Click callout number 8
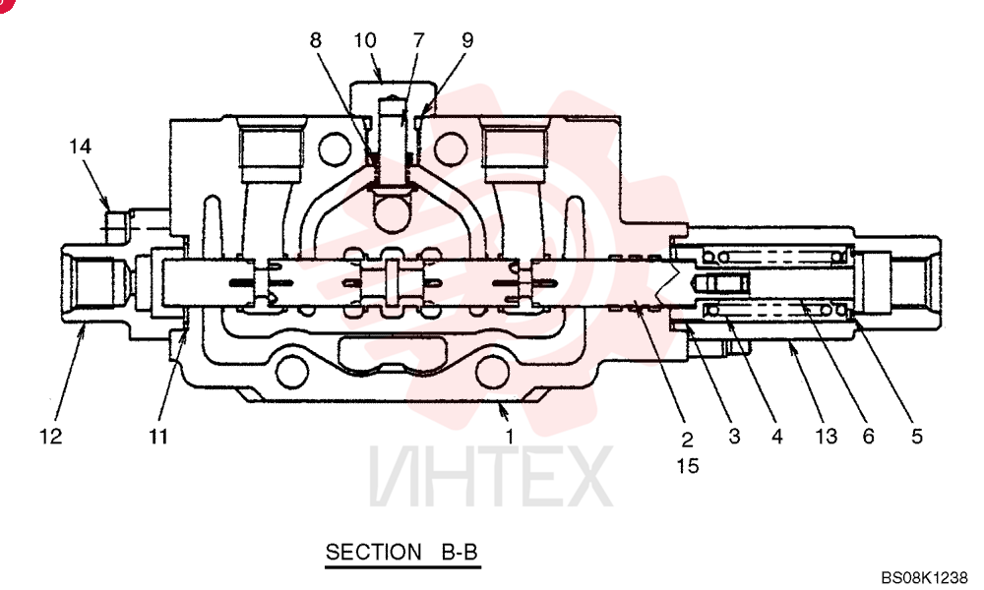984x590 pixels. coord(315,40)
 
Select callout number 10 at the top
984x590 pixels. coord(365,40)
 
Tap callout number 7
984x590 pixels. coord(418,40)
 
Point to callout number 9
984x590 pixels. coord(467,40)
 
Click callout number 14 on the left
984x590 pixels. coord(81,147)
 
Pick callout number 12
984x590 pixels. coord(51,436)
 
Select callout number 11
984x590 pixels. coord(158,436)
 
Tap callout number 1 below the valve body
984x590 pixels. coord(510,436)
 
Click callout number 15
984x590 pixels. coord(688,466)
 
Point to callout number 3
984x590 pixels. coord(734,436)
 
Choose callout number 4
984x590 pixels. coord(777,436)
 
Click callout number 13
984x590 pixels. coord(826,436)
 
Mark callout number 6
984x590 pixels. coord(869,436)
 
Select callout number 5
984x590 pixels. coord(917,436)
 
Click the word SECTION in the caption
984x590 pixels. coord(373,552)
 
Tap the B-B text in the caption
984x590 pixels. coord(460,552)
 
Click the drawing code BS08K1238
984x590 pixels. coord(924,577)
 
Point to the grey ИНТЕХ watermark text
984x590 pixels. coord(491,476)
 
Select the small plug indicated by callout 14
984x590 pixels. coord(118,227)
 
